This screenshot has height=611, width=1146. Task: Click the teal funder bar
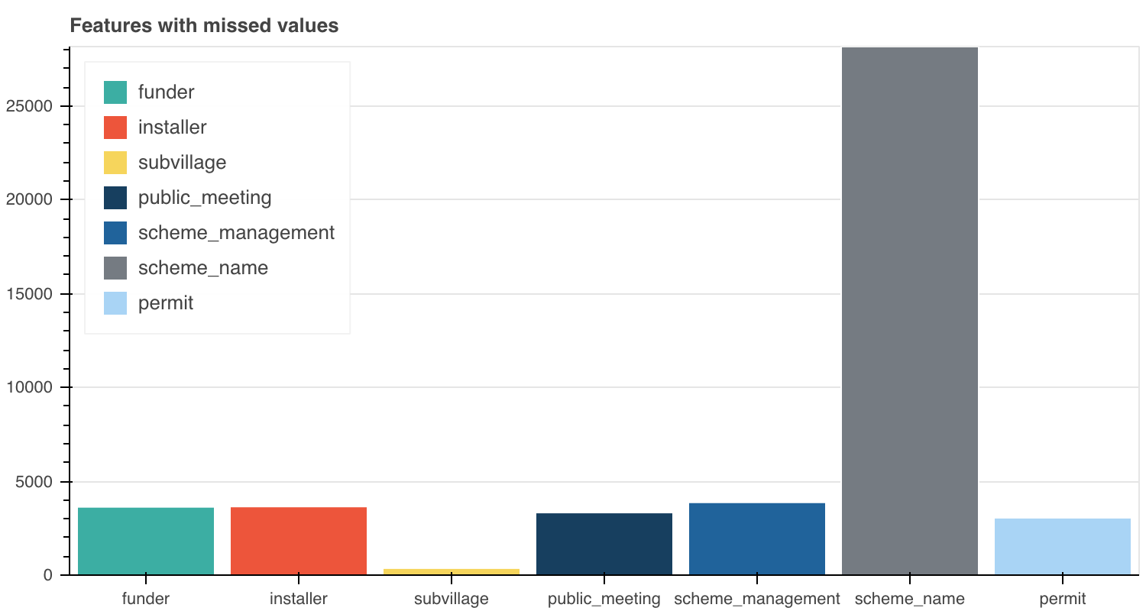click(146, 541)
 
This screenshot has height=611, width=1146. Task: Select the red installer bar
click(299, 541)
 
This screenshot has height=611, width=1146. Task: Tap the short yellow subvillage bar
click(452, 571)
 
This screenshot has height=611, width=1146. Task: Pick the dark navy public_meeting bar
click(604, 544)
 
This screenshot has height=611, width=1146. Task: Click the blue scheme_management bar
click(757, 538)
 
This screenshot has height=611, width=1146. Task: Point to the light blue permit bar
click(1063, 547)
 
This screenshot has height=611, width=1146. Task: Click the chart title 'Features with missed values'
click(204, 26)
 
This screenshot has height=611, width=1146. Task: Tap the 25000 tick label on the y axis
click(28, 106)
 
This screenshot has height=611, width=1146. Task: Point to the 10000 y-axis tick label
click(28, 388)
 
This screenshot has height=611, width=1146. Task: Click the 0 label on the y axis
click(47, 575)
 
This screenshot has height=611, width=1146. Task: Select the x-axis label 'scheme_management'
click(757, 599)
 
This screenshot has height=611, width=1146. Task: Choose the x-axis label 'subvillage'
click(452, 599)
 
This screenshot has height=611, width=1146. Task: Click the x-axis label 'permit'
click(1063, 599)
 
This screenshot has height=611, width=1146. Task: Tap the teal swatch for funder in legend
click(115, 92)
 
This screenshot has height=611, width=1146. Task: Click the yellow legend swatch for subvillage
click(115, 163)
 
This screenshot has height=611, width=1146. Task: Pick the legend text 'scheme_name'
click(203, 268)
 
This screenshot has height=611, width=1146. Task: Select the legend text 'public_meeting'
click(205, 198)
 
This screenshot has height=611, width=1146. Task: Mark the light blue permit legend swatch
click(115, 303)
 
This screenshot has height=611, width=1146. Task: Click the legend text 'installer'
click(173, 128)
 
